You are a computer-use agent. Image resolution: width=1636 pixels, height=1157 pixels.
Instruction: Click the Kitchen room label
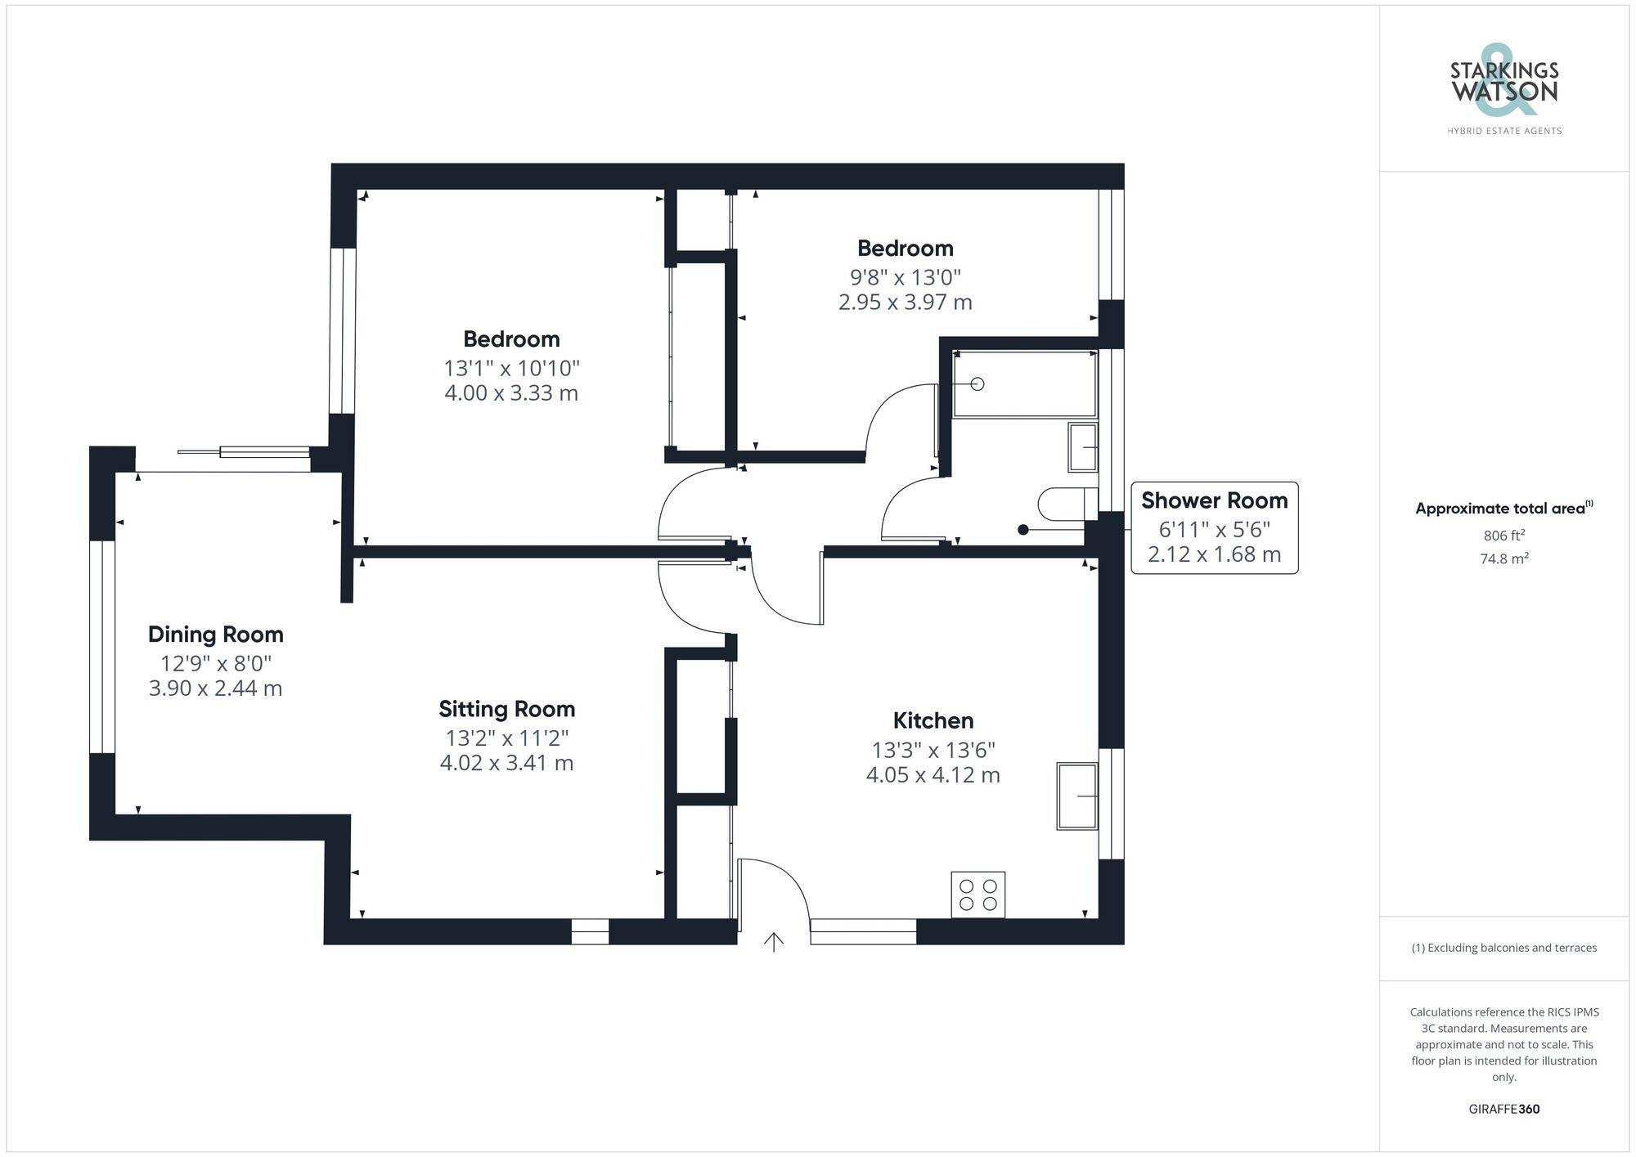[933, 720]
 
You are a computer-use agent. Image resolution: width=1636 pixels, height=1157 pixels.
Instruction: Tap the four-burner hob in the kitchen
[978, 895]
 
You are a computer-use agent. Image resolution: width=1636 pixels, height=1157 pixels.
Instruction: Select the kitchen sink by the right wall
[1076, 796]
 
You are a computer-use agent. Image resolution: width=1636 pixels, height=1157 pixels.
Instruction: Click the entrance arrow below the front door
[774, 942]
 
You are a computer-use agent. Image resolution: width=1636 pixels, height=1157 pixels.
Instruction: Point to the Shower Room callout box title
[1214, 500]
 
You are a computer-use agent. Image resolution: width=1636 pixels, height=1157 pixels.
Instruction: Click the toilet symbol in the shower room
[1063, 503]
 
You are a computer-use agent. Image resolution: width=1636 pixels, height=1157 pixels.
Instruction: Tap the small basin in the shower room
[1083, 446]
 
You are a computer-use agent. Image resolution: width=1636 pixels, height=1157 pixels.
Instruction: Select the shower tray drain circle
[977, 383]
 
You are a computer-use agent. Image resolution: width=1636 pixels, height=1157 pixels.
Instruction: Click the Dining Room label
[215, 635]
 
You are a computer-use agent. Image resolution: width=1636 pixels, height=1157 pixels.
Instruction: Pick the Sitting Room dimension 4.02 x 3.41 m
[506, 763]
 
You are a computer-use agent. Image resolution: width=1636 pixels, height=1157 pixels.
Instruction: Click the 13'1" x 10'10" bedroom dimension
[511, 367]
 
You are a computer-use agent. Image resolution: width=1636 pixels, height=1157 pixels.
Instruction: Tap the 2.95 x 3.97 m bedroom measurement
[905, 303]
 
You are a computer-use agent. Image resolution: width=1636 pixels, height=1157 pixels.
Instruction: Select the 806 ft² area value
[1503, 536]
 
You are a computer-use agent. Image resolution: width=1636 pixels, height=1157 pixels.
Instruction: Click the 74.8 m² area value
[1503, 559]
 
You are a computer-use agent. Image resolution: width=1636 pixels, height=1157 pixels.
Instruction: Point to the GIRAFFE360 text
[1503, 1109]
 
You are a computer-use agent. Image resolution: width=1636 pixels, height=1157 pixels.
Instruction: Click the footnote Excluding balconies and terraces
[1503, 948]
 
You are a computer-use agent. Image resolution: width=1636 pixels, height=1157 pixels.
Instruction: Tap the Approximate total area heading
[1503, 508]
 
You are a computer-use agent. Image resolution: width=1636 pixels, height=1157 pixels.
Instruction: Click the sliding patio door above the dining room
[245, 453]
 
